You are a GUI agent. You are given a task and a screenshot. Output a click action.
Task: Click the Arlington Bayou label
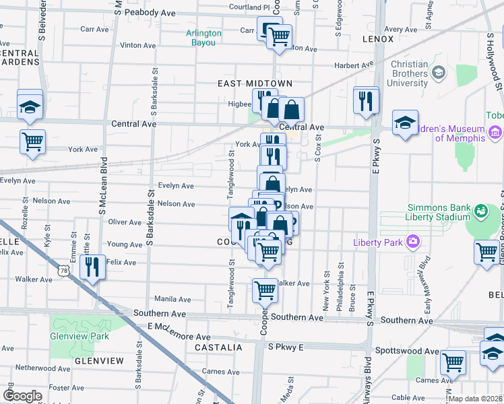click(203, 38)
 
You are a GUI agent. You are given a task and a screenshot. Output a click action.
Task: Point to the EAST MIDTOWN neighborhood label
click(255, 83)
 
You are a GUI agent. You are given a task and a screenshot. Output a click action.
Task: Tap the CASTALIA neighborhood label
click(218, 347)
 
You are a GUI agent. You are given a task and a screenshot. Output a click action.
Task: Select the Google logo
click(22, 395)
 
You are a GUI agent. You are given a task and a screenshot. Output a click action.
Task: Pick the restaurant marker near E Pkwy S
click(366, 100)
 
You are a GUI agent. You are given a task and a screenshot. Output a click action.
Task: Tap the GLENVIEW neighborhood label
click(100, 361)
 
